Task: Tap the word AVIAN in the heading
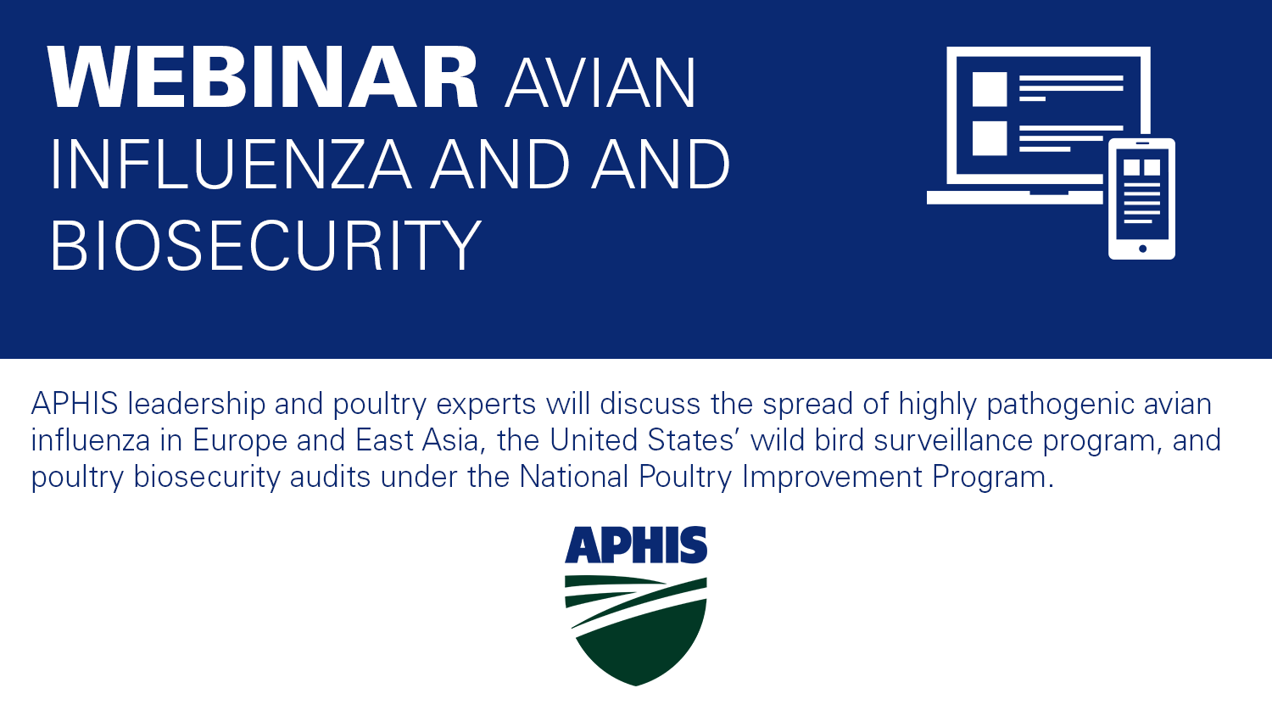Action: (x=600, y=83)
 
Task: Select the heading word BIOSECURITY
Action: (x=265, y=246)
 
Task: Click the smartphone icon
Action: (x=1141, y=199)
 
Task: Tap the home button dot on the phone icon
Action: (x=1142, y=249)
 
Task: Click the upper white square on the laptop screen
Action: (x=989, y=89)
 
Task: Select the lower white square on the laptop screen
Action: (x=989, y=138)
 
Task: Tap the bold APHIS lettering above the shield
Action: (x=636, y=545)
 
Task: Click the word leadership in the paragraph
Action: (x=197, y=404)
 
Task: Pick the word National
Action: (x=574, y=478)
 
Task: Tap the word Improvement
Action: (x=832, y=478)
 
